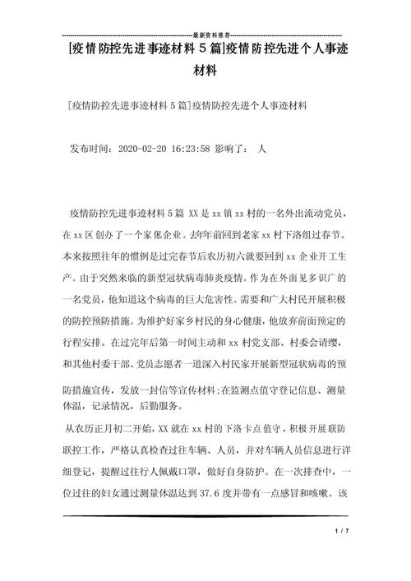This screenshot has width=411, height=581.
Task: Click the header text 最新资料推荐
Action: click(205, 36)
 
